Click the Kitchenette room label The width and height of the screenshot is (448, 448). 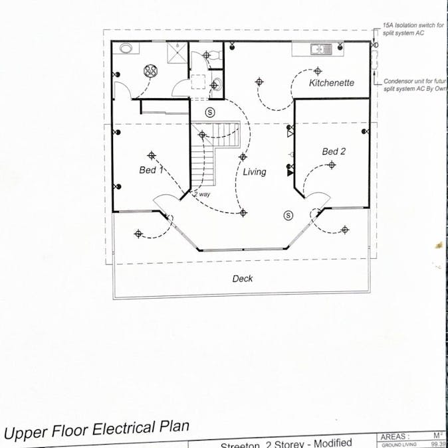[x=331, y=83]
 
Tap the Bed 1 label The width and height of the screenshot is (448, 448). [x=151, y=170]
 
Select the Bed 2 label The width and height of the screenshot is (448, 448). [x=334, y=151]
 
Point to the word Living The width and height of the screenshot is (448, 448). [x=254, y=172]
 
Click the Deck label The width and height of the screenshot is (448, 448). [x=242, y=279]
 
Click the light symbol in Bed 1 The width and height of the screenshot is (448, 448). [x=152, y=155]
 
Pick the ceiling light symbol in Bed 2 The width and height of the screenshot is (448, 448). [x=332, y=165]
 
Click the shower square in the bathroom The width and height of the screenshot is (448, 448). [x=177, y=53]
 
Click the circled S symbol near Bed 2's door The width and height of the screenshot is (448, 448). [x=288, y=215]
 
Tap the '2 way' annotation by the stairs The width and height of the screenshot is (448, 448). [x=201, y=194]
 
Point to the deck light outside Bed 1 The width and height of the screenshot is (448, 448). [x=138, y=234]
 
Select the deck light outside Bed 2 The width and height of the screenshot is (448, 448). [x=344, y=230]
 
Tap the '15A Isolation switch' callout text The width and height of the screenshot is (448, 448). [x=413, y=26]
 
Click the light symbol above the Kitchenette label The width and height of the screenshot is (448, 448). [x=318, y=70]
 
